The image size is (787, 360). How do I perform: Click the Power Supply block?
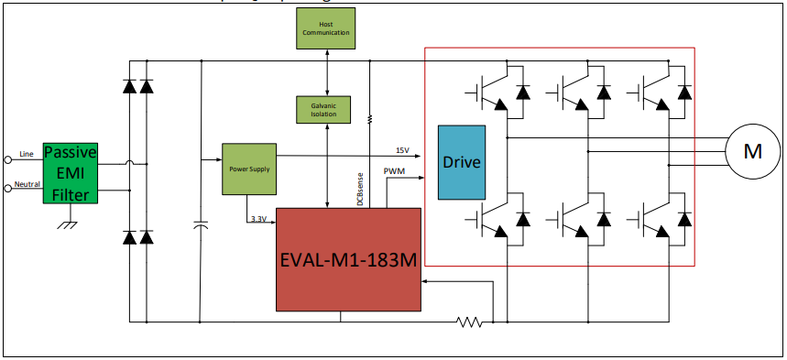(x=249, y=169)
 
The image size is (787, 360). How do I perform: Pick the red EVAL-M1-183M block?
(x=348, y=259)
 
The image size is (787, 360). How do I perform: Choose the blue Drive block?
(x=462, y=161)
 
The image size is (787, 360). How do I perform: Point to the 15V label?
(x=402, y=150)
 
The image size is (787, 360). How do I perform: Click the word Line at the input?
(x=27, y=154)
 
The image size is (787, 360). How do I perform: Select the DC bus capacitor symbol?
(x=200, y=225)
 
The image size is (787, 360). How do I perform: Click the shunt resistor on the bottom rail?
(x=470, y=322)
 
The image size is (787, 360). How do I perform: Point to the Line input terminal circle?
(x=8, y=158)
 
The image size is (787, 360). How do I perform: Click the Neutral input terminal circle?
(x=8, y=188)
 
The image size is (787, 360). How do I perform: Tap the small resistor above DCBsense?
(x=369, y=119)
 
